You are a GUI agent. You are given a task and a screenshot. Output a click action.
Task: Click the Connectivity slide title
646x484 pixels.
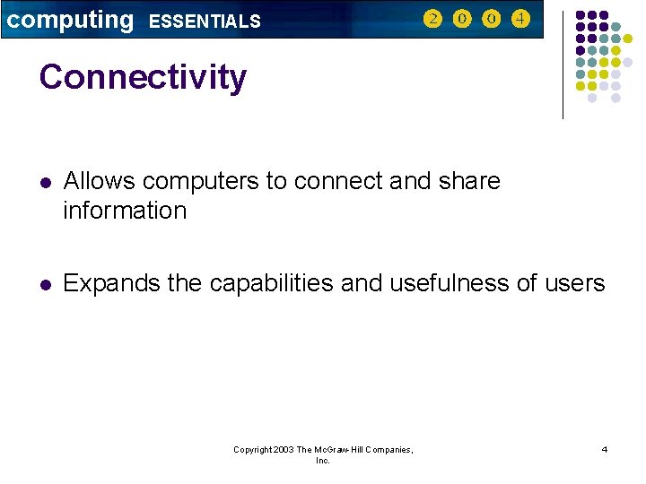point(143,77)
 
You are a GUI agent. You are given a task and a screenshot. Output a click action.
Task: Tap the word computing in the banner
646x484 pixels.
point(70,20)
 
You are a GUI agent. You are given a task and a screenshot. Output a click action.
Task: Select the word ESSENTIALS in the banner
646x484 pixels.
point(205,22)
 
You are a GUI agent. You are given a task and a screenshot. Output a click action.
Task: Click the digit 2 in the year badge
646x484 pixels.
point(432,19)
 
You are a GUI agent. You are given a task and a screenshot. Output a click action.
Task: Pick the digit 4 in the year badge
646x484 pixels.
point(520,19)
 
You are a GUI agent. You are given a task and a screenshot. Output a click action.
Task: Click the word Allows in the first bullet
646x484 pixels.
point(100,181)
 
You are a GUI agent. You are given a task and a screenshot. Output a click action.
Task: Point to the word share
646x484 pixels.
point(470,181)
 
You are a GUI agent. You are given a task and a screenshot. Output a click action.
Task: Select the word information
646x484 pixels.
point(125,211)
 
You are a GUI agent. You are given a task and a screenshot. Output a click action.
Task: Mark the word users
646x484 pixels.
point(574,284)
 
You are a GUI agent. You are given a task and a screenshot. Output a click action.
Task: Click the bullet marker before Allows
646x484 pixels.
point(44,182)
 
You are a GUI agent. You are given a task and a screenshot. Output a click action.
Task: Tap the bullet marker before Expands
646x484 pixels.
point(44,285)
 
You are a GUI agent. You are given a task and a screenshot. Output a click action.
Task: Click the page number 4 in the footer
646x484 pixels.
point(605,449)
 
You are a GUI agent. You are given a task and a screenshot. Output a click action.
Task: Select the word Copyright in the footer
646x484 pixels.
point(250,450)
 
